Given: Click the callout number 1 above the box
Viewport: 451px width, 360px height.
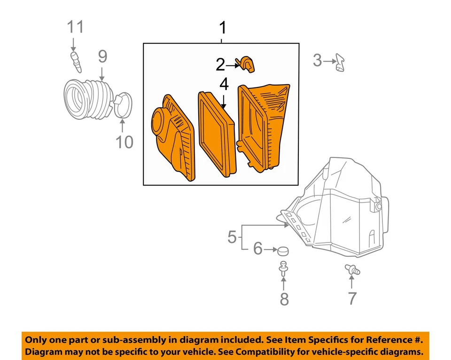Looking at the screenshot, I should (x=223, y=28).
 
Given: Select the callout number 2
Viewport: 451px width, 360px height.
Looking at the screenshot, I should (x=220, y=65).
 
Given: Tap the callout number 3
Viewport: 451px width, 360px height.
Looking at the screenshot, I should (x=318, y=61).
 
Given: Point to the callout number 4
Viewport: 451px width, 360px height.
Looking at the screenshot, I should (x=224, y=85).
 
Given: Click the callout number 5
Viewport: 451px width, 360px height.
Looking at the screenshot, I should (x=232, y=237).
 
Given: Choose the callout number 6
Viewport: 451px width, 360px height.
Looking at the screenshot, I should (x=258, y=249).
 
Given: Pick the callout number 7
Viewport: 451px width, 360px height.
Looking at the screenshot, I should (x=352, y=297).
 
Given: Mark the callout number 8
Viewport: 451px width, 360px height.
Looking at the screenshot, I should (x=284, y=298).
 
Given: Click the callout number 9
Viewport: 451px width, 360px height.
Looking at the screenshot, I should (x=102, y=57).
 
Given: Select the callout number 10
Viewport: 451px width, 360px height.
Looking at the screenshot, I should (x=124, y=141).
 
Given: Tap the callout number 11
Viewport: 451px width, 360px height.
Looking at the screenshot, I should (x=75, y=27).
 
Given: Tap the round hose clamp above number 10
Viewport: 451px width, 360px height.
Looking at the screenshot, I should (x=123, y=105).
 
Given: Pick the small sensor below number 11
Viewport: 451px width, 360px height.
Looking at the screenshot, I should (x=76, y=63).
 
